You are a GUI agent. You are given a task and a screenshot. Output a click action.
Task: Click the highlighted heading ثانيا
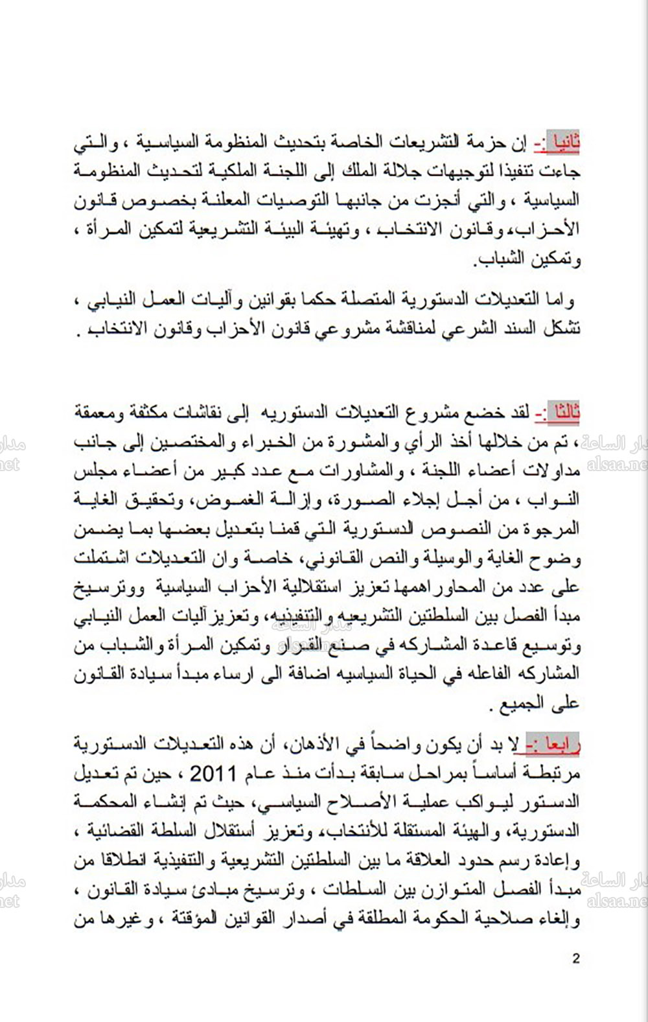tap(562, 142)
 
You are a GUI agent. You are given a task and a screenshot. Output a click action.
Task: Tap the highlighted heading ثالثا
tap(562, 412)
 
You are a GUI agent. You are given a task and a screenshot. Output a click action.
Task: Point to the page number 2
tap(576, 958)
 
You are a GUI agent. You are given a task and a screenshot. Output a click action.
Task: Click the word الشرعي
tap(459, 329)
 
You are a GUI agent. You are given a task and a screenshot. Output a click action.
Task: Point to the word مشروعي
tap(319, 329)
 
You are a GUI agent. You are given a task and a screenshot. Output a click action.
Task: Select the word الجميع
tap(533, 704)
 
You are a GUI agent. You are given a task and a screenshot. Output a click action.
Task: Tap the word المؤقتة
tap(188, 918)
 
